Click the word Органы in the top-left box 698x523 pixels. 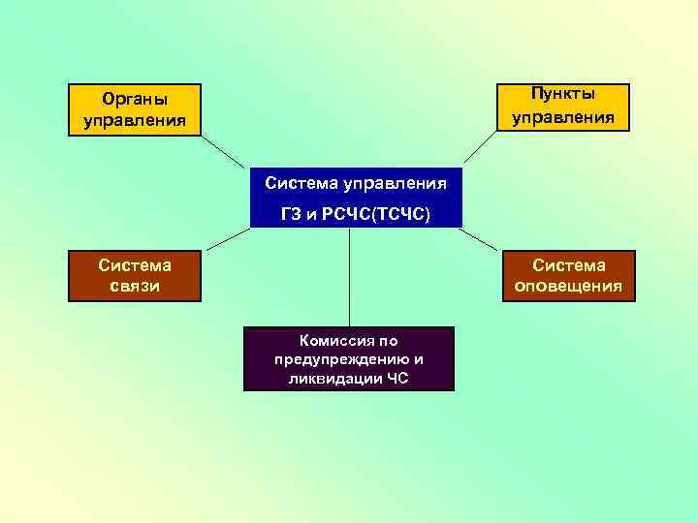134,99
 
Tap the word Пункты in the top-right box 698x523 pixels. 562,95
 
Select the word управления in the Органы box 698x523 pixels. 134,121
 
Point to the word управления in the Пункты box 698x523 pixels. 562,117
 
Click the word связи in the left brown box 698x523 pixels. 135,287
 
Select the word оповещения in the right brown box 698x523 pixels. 568,287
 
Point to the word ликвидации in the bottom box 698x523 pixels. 328,378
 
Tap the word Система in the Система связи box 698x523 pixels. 135,265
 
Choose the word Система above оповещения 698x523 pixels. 568,265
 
